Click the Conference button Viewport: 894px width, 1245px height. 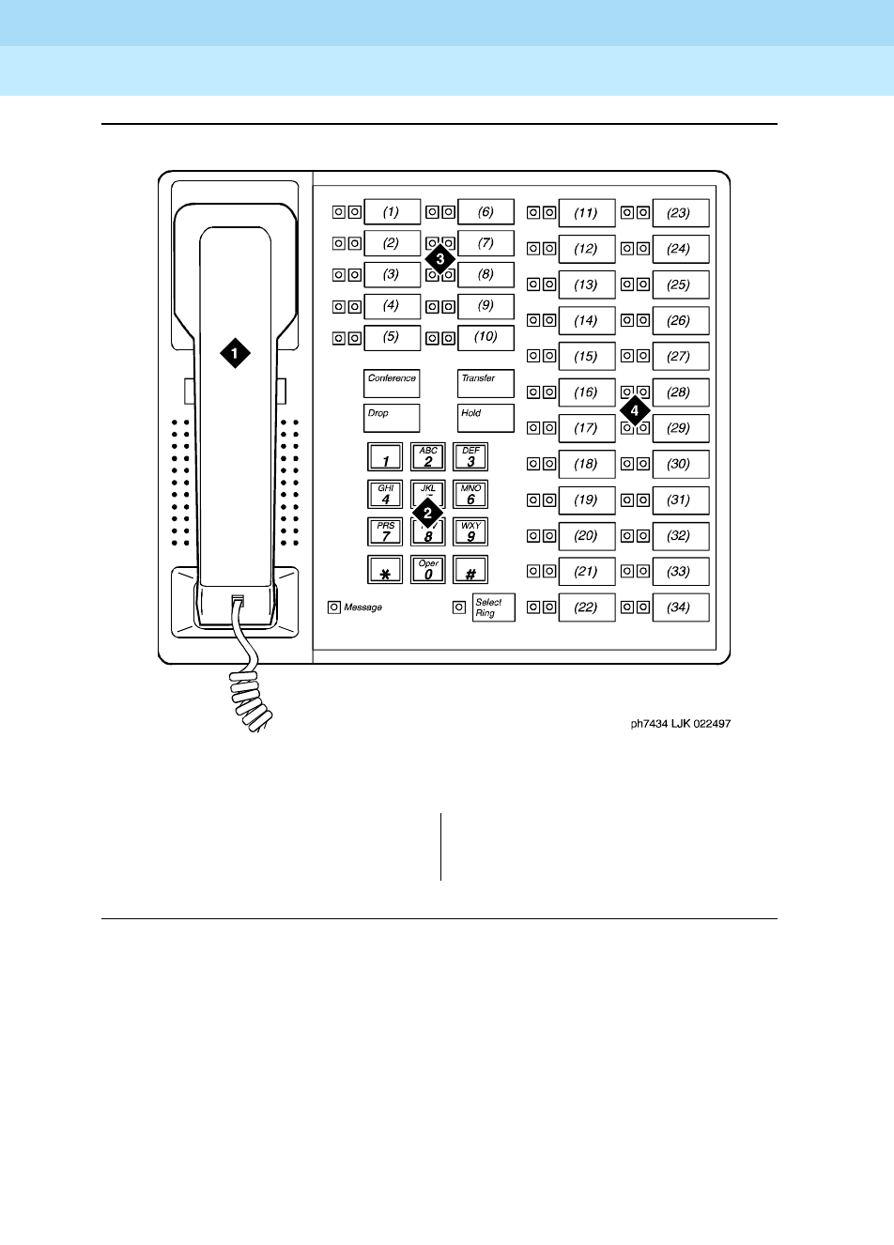click(392, 383)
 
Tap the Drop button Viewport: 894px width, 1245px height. click(392, 418)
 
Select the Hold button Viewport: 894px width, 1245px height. click(486, 418)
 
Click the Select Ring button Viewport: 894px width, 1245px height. click(493, 607)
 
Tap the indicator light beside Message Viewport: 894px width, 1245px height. click(333, 607)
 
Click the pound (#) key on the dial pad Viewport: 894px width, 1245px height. click(470, 570)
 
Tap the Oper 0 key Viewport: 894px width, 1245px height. click(428, 570)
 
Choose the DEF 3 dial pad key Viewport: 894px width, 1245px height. click(470, 457)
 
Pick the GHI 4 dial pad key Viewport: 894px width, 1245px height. click(385, 495)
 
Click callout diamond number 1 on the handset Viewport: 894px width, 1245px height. click(235, 353)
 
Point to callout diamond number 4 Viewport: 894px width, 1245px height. click(635, 410)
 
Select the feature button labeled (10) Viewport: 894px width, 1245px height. click(486, 337)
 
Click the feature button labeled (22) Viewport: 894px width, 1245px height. click(586, 607)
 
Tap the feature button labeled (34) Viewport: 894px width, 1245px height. click(679, 607)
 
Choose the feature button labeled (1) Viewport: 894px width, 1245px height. click(392, 212)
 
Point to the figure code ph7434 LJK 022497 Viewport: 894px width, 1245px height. click(680, 724)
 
